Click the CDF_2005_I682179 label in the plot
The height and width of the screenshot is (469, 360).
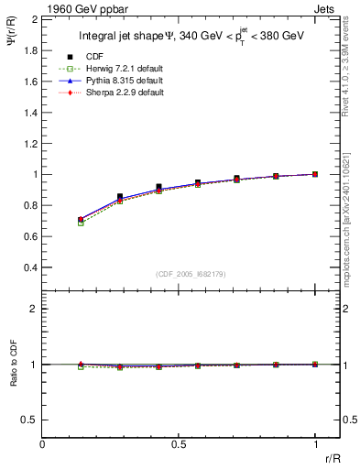click(x=191, y=274)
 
